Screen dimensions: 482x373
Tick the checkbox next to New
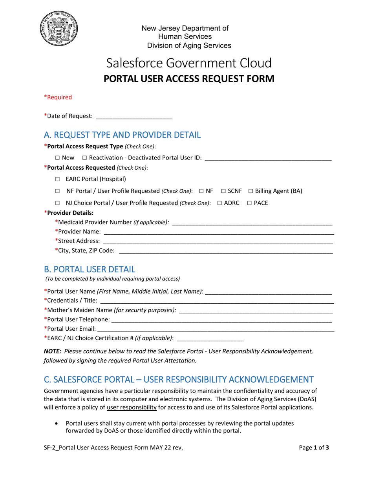point(57,158)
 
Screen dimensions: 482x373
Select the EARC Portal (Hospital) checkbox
point(57,179)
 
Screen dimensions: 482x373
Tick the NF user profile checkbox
point(201,191)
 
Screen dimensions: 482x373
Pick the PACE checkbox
point(249,203)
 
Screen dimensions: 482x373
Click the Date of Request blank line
point(134,116)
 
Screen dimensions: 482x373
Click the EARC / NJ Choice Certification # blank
point(210,338)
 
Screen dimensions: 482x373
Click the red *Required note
point(58,97)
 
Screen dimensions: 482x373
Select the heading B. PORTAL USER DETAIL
point(90,269)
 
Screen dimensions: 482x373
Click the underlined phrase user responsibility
point(132,407)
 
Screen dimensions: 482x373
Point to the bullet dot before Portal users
point(59,424)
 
